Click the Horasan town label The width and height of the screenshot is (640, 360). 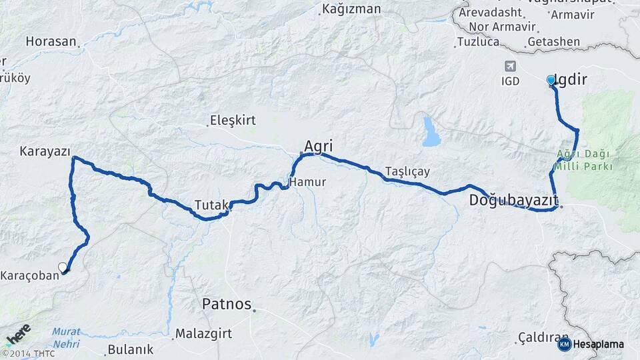coord(51,41)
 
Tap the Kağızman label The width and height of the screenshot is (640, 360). coord(351,9)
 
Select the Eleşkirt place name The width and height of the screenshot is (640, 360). coord(233,121)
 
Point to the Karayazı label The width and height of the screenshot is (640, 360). coord(45,151)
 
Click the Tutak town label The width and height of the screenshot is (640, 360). coord(211,204)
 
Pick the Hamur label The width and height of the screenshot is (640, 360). coord(307,181)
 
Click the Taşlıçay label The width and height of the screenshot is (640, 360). coord(407,171)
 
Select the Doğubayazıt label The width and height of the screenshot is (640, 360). coord(513,200)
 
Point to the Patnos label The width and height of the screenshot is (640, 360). coord(227,305)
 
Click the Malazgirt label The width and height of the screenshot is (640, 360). coord(203,333)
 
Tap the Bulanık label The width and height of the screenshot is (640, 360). coord(131,349)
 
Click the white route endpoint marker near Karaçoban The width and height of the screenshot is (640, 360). coord(63,267)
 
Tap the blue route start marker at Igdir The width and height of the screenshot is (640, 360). coord(551,80)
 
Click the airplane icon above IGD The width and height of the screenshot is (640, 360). coord(511,66)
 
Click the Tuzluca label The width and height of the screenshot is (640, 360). coord(478,42)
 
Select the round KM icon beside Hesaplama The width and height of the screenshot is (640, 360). coord(564,344)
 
